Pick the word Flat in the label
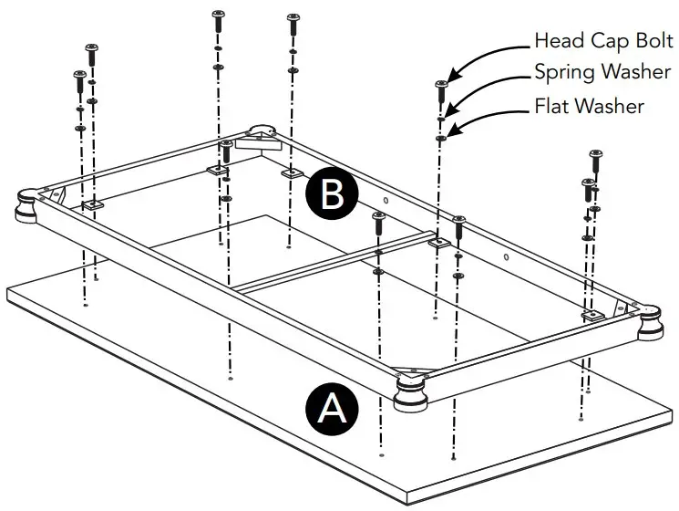tap(551, 107)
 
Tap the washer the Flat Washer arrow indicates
tap(441, 137)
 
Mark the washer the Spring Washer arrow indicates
tap(441, 117)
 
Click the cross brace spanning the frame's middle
tap(333, 263)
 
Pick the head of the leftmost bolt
tap(79, 75)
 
